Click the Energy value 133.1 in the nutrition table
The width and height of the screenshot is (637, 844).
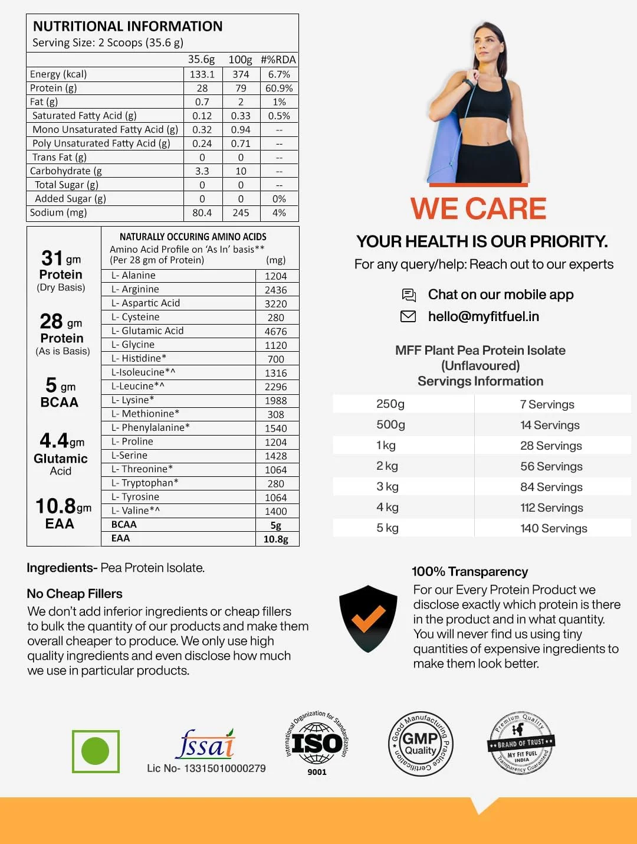[202, 74]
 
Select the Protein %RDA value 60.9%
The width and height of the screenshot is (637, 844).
[279, 88]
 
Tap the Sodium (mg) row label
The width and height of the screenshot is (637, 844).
[58, 212]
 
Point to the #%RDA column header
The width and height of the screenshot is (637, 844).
[278, 60]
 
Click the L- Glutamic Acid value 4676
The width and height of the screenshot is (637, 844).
[275, 332]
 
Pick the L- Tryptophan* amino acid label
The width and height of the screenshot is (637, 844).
[145, 483]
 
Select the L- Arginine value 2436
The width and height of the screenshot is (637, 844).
[275, 290]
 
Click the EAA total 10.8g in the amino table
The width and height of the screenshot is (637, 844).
[275, 539]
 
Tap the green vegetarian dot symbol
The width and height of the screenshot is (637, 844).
[96, 751]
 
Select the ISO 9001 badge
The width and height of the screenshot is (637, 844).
[317, 742]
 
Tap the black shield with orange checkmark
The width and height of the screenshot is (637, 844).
[368, 619]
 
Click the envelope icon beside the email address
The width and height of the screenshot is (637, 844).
[408, 316]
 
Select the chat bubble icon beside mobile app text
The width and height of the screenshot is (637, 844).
[408, 295]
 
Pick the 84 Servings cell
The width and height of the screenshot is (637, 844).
[551, 487]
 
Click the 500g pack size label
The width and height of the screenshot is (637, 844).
[390, 425]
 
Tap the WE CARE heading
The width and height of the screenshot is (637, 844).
[478, 208]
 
